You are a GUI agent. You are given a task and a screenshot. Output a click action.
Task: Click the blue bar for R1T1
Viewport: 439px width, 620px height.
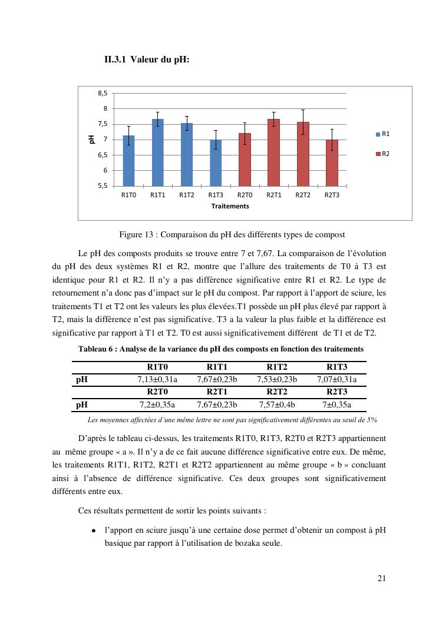coord(157,152)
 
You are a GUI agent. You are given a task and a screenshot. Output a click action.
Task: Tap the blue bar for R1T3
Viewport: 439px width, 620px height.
coord(216,163)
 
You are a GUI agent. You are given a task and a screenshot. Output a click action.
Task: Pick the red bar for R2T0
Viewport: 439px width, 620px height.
coord(245,160)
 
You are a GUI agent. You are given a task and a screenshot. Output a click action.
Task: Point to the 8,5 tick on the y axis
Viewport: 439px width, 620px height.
coord(103,93)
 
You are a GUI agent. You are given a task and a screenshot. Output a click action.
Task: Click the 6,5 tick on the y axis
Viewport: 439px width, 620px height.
coord(103,155)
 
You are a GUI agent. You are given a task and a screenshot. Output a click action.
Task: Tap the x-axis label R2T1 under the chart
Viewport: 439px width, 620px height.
coord(273,195)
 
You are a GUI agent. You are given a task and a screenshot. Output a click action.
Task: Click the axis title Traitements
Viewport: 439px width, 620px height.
coord(230,206)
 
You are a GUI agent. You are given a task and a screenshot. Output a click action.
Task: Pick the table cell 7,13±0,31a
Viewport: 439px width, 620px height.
coord(157,379)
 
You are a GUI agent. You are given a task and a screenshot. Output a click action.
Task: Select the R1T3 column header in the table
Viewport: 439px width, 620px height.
coord(336,367)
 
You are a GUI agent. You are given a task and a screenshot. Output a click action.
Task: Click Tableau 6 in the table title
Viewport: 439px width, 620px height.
coord(96,349)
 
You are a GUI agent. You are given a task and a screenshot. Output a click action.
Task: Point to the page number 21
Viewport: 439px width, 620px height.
coord(381,578)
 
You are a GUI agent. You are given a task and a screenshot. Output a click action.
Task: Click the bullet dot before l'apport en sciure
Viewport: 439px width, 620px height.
coord(94,531)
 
